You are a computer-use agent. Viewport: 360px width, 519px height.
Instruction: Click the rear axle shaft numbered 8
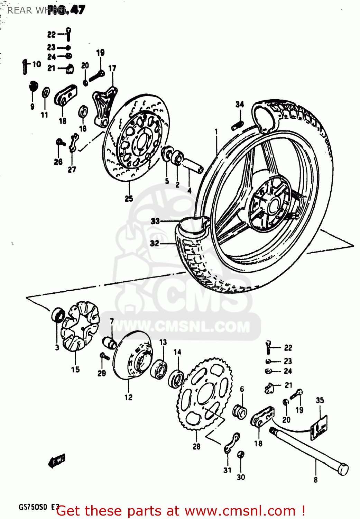[310, 450]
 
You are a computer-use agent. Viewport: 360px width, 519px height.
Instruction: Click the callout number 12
[128, 398]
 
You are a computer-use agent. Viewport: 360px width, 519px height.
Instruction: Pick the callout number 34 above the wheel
[240, 104]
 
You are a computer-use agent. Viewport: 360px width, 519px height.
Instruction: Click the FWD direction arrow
[57, 461]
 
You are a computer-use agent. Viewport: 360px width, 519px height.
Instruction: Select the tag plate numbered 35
[319, 428]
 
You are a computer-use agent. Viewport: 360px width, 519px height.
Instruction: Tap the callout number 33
[155, 221]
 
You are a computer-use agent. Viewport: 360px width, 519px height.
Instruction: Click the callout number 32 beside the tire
[155, 243]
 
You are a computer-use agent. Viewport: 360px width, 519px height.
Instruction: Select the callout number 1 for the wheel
[216, 131]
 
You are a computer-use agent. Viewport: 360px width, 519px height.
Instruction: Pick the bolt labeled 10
[25, 67]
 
